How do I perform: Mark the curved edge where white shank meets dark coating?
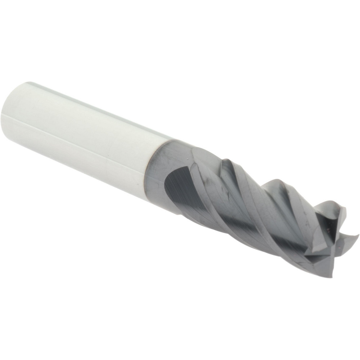(x=148, y=169)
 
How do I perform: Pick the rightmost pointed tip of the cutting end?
(x=356, y=236)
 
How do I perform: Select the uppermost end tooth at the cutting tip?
(x=335, y=209)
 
